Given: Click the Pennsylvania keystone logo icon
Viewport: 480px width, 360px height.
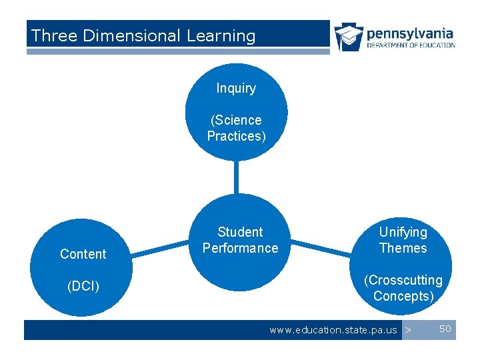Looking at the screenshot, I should point(348,37).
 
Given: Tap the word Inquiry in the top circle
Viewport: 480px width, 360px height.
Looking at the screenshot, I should point(236,88).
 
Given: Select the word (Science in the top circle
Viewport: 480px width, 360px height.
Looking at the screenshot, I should point(236,120).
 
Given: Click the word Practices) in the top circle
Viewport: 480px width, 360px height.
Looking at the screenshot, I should point(236,136).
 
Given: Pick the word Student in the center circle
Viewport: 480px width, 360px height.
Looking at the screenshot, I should point(240,232).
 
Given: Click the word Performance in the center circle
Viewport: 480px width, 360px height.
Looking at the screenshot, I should point(240,248).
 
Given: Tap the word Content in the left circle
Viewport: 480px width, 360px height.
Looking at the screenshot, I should point(83,254).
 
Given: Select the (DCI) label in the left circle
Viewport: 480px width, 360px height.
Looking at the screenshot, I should point(83,286).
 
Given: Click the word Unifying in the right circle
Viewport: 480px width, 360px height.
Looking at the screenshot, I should point(403,232).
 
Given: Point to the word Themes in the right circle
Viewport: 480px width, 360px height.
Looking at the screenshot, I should point(403,248).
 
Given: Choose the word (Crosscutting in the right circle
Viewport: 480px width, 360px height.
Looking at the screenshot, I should point(403,280).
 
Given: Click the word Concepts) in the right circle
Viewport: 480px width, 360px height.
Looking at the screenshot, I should point(403,296).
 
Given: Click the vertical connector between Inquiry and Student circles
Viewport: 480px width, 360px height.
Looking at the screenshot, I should point(236,177).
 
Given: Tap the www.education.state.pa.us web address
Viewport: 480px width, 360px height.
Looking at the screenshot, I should point(333,330).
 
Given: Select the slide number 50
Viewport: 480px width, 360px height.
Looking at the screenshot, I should point(445,329).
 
